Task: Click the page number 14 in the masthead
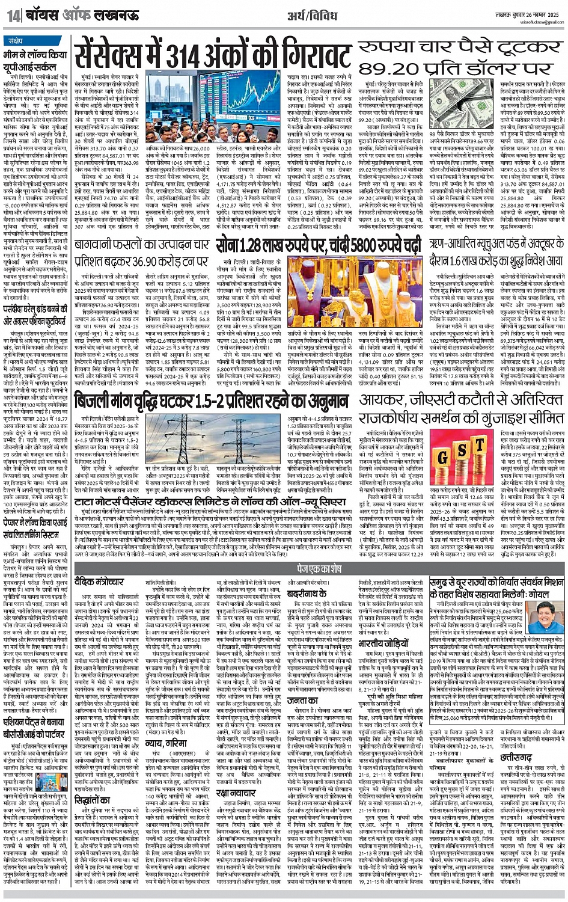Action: click(14, 16)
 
